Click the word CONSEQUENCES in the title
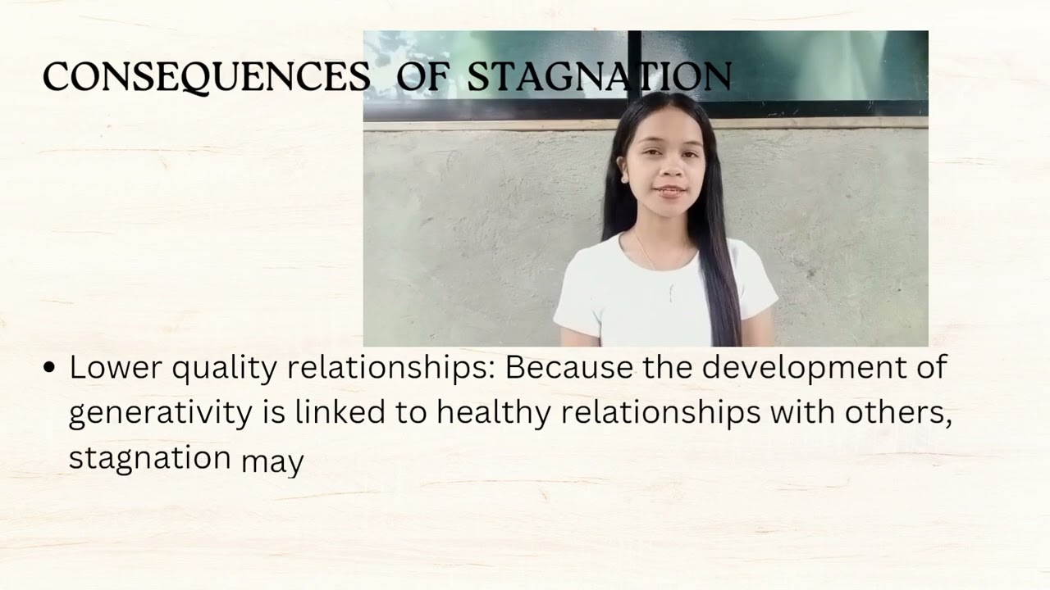206,78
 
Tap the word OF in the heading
422,78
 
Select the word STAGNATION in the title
599,78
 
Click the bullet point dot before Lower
49,369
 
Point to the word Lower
116,368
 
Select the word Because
568,368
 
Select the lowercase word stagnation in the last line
149,457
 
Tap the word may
272,461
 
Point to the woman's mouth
670,191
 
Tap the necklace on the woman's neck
648,254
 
